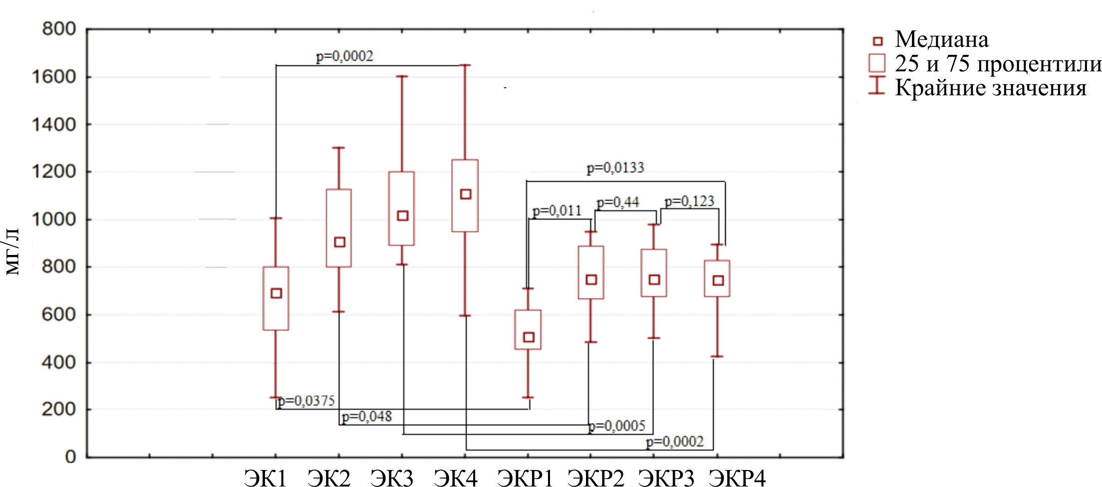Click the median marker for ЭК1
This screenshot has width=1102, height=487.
coord(276,293)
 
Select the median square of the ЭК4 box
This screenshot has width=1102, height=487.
coord(466,194)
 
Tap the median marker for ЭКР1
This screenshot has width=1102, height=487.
coord(529,337)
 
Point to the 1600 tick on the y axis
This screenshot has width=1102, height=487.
coord(53,77)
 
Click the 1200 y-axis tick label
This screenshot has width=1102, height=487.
coord(53,172)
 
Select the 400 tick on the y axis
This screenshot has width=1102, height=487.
coord(58,362)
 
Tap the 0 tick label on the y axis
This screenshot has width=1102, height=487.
coord(70,457)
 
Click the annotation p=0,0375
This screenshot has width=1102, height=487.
coord(306,401)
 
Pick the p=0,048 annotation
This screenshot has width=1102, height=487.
coord(367,416)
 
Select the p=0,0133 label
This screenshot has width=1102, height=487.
coord(615,168)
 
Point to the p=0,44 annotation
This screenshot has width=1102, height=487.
coord(617,202)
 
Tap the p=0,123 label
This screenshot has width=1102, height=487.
coord(689,201)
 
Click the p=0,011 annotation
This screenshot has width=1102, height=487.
coord(557,211)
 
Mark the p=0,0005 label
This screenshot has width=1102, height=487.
coord(617,426)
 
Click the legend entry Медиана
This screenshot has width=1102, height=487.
coord(941,40)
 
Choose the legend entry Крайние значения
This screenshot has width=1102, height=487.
coord(990,88)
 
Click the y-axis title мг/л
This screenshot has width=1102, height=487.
coord(12,252)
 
